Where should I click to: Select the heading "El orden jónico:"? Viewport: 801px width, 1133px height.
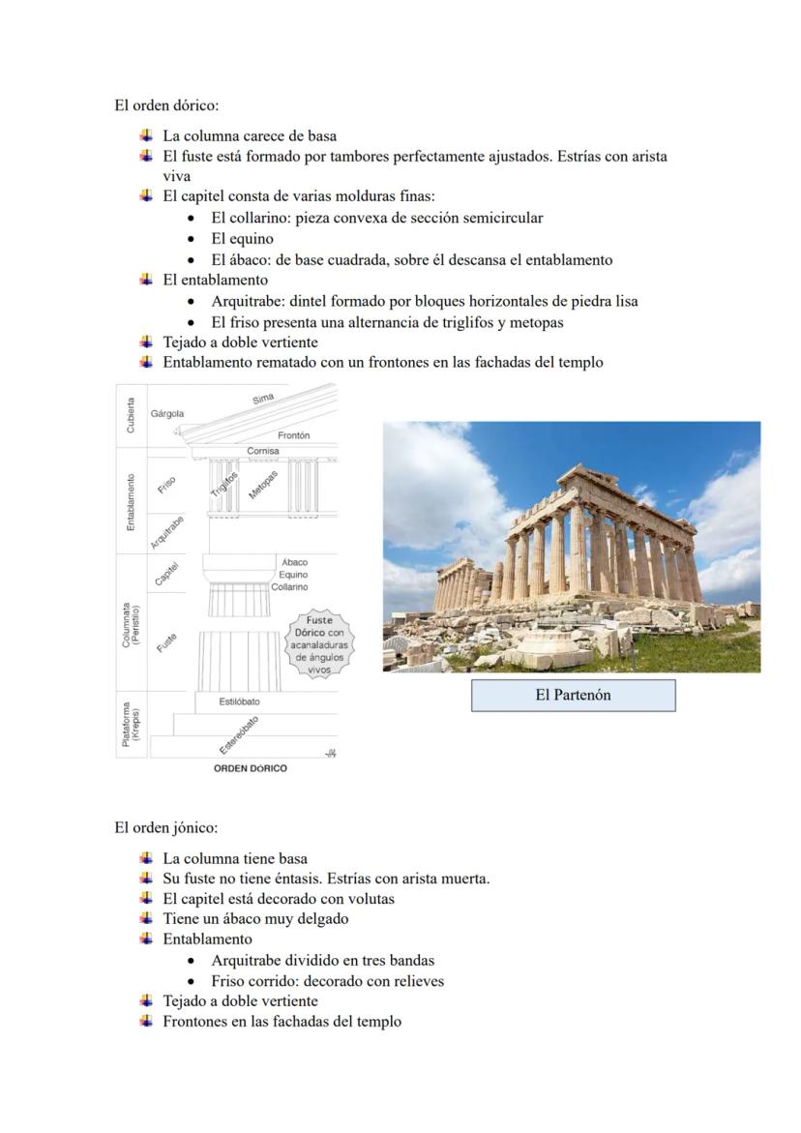pos(165,827)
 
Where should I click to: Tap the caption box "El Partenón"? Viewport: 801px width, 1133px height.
pos(573,695)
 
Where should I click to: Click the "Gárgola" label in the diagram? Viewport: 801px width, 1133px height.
pos(167,413)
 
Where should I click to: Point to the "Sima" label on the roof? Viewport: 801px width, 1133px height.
pos(263,399)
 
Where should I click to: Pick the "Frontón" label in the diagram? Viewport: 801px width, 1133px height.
pos(293,435)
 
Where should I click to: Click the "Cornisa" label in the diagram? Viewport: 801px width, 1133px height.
pos(262,451)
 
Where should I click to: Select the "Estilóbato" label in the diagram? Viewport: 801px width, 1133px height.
pos(239,701)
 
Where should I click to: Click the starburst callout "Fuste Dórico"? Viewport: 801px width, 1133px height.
pos(319,643)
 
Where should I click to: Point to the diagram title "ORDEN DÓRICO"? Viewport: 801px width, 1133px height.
pos(250,768)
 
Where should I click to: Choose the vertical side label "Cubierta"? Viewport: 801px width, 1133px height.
pos(131,414)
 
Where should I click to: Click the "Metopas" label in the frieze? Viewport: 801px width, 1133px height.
pos(262,486)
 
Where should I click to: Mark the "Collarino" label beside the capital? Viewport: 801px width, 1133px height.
pos(289,587)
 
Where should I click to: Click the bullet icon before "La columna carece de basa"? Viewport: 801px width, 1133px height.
pos(146,135)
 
